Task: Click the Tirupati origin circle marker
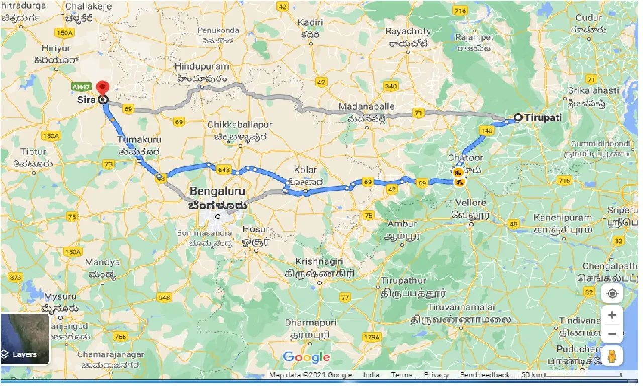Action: pos(518,118)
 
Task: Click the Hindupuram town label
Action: pos(201,67)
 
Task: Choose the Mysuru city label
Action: pos(60,296)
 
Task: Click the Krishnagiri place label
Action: pos(319,262)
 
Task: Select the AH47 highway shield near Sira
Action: pos(80,86)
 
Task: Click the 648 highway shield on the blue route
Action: pos(224,170)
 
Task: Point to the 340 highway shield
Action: pos(390,86)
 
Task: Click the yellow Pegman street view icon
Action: pos(612,356)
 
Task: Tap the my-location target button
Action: pos(612,294)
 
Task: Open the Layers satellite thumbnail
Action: pos(25,339)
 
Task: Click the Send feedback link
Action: pos(485,375)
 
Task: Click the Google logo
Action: pos(306,357)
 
